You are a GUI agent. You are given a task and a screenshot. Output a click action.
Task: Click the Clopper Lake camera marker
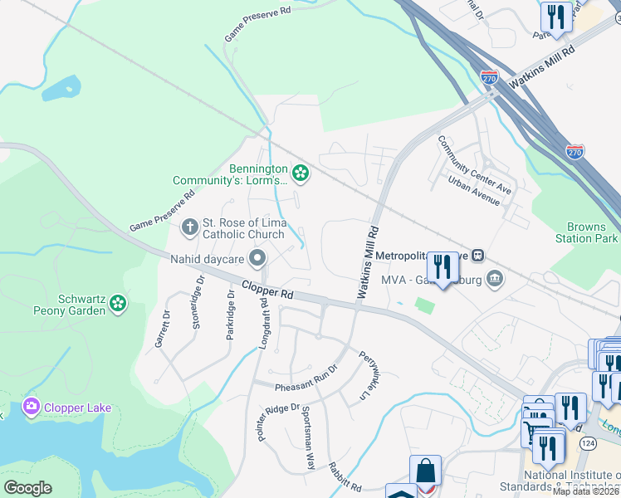click(x=32, y=407)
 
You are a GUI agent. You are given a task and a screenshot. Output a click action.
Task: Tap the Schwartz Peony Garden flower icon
click(x=119, y=305)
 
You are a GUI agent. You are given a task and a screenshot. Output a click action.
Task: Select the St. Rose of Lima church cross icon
click(x=189, y=227)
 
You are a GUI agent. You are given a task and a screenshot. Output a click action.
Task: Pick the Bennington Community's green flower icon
click(x=301, y=173)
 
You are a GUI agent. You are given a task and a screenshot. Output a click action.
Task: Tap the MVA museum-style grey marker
click(x=495, y=276)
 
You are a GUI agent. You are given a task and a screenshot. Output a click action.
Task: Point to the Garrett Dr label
click(x=162, y=328)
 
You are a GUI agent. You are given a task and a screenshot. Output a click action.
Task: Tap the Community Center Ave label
click(x=475, y=165)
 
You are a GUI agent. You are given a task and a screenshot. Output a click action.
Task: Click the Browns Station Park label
click(x=592, y=232)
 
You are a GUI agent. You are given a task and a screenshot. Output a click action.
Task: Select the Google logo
click(x=27, y=488)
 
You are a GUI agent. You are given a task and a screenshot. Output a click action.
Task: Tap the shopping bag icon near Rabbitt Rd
click(x=425, y=471)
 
